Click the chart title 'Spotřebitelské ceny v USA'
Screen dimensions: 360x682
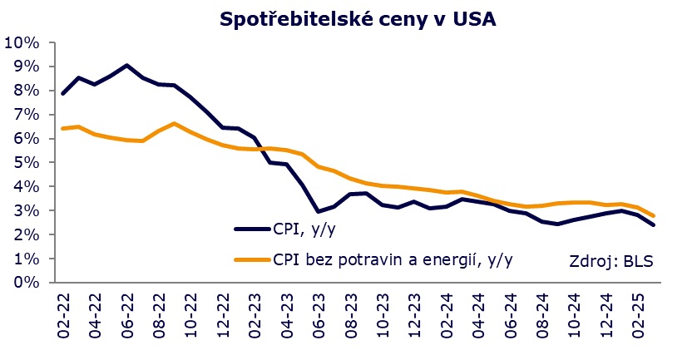[x=358, y=19]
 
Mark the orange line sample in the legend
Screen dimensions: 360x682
[x=251, y=259]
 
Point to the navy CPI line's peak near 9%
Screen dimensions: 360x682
[x=126, y=65]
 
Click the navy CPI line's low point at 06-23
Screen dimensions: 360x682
[x=318, y=211]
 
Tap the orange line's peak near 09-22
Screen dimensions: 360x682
[x=174, y=124]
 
